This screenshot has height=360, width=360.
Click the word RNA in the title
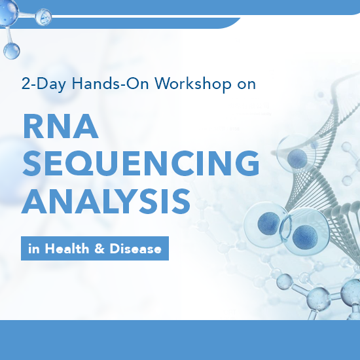(60, 126)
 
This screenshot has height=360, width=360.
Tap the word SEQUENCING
(141, 163)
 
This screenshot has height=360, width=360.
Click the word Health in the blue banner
(67, 249)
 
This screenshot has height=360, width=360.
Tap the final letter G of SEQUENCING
(244, 163)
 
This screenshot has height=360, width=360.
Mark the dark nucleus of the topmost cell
(298, 157)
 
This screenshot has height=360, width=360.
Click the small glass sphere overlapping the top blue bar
(43, 16)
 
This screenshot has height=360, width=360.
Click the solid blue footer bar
(180, 340)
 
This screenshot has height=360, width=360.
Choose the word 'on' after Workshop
(246, 84)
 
